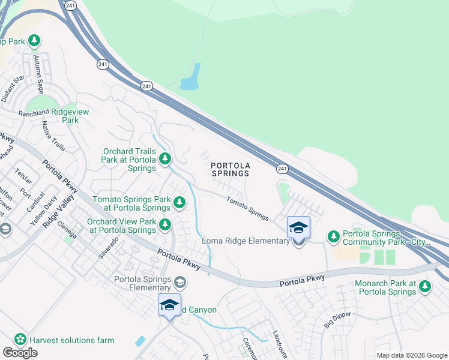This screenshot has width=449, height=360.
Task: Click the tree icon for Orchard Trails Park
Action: point(165,159)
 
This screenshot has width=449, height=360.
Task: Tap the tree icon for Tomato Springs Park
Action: point(179,203)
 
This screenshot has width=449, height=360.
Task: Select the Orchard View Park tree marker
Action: point(166,226)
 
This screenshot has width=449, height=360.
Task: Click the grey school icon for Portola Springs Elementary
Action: point(180,281)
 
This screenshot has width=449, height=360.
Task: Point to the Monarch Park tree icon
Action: point(425,287)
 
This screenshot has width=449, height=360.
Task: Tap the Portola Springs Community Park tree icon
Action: point(334,237)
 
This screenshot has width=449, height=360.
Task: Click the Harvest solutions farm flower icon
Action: point(21,340)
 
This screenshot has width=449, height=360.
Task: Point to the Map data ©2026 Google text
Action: point(412,355)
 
